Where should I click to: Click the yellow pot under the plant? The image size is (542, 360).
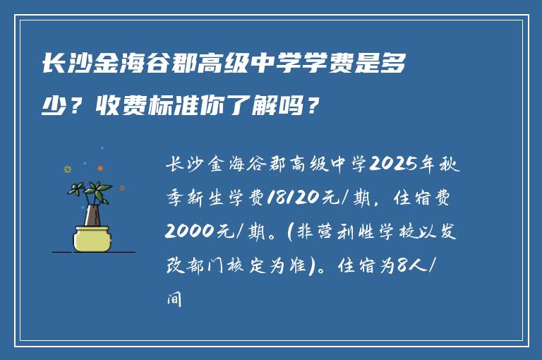[92, 237]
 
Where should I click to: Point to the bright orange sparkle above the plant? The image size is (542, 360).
[100, 168]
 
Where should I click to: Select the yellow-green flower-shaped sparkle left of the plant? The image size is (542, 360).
[68, 169]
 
